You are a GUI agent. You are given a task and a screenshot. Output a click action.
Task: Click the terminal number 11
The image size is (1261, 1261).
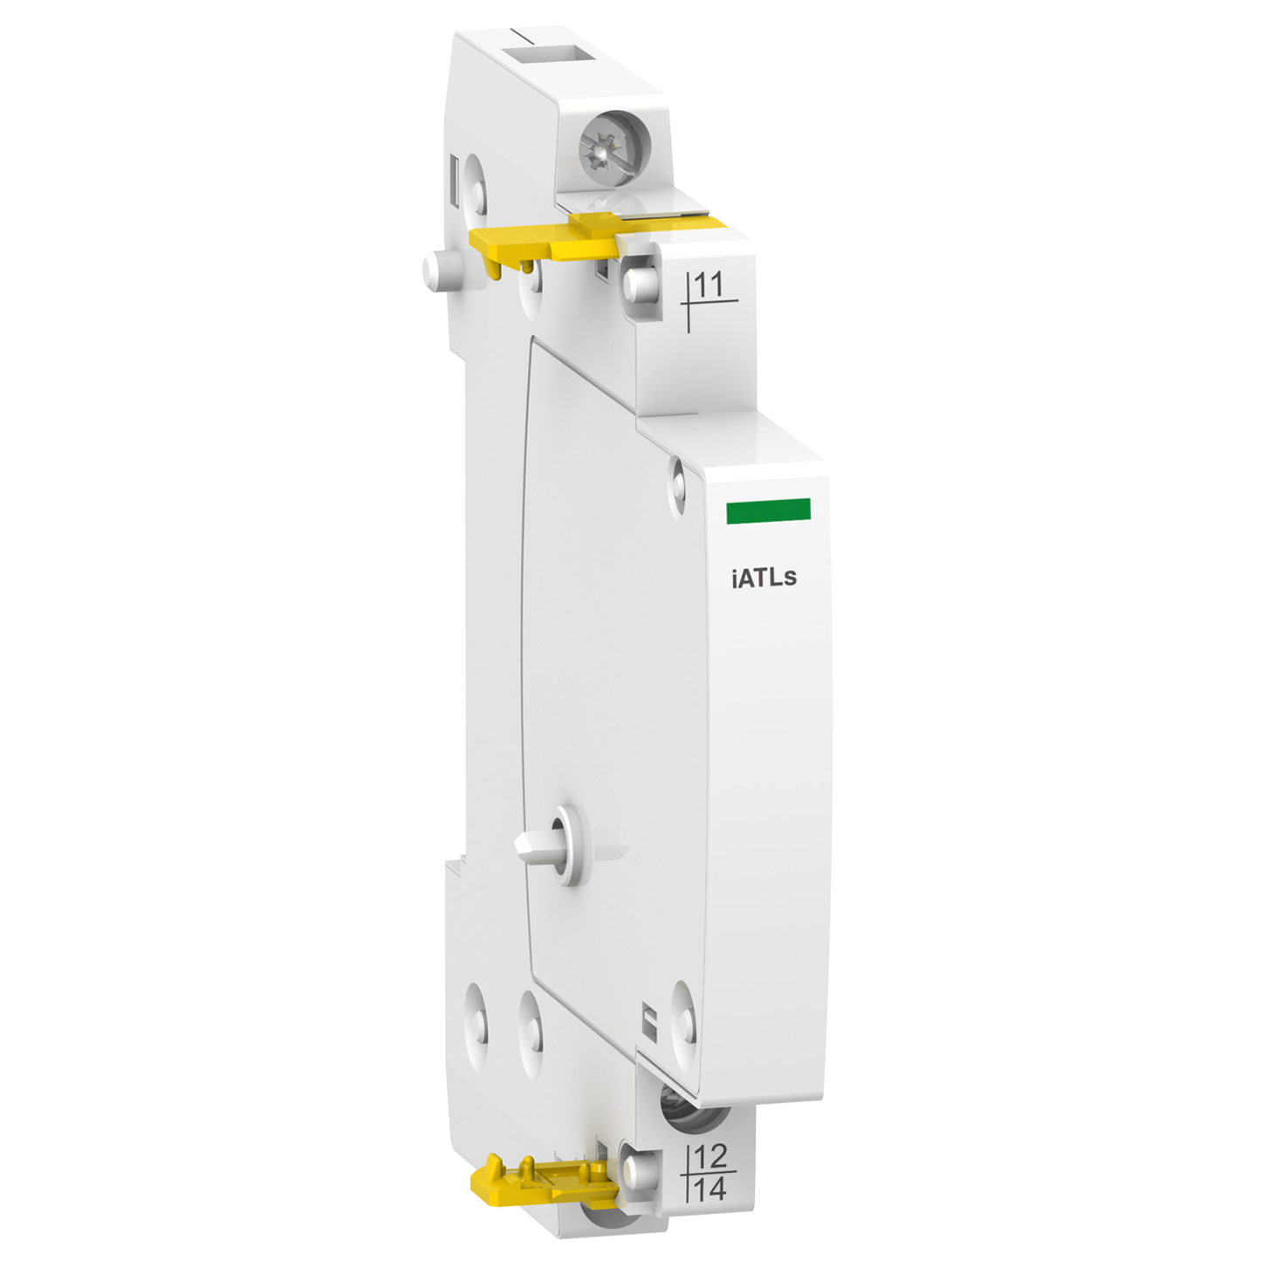point(707,284)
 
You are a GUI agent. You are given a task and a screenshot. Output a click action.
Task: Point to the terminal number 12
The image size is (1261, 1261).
point(710,1156)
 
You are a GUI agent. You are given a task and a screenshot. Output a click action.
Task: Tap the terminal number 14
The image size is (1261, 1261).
point(710,1189)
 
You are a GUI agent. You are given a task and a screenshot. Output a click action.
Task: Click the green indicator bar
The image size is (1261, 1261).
point(768,511)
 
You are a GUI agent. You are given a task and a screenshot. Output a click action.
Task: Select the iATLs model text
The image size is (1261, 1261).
point(764,578)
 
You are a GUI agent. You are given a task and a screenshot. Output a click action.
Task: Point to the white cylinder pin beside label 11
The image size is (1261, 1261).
point(639,284)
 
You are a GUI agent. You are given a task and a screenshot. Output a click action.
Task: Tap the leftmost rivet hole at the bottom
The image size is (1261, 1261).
point(476,1027)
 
